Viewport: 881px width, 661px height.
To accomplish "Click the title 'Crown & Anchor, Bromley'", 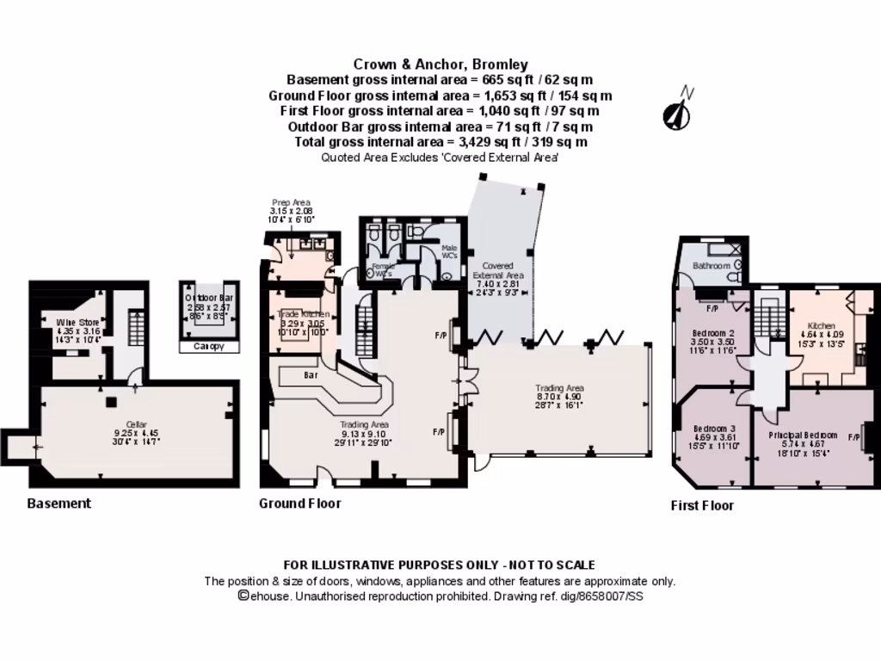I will (440, 65).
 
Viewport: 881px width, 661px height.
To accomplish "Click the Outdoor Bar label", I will (209, 298).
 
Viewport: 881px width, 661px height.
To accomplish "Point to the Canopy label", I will (209, 347).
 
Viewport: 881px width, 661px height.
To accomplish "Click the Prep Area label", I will (289, 202).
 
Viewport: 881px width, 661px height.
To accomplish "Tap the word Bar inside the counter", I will (311, 375).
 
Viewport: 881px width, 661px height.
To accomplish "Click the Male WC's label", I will (448, 249).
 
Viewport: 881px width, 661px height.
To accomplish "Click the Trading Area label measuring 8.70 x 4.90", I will (559, 388).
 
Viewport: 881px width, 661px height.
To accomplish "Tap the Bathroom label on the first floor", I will (712, 266).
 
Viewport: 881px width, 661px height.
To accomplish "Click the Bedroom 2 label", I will (713, 333).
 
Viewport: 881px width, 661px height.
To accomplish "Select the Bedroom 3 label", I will (713, 429).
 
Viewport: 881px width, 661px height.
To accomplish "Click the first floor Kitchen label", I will (821, 326).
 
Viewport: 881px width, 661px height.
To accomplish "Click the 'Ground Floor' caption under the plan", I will (300, 503).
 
